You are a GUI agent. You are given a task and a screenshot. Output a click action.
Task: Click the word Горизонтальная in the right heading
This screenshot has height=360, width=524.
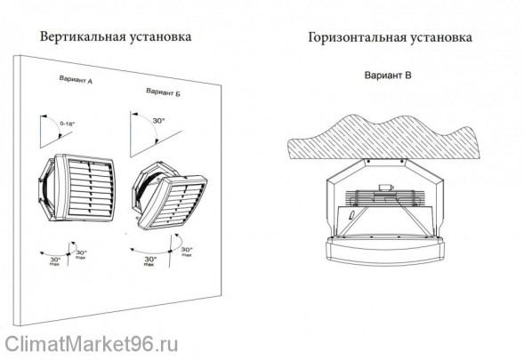point(357,38)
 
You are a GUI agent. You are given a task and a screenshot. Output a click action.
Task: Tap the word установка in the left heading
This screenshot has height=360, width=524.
point(157,38)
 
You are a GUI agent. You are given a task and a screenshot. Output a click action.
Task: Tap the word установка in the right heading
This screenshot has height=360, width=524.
point(442,38)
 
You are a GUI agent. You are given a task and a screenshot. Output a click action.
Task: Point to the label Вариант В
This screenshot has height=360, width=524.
point(387,77)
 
